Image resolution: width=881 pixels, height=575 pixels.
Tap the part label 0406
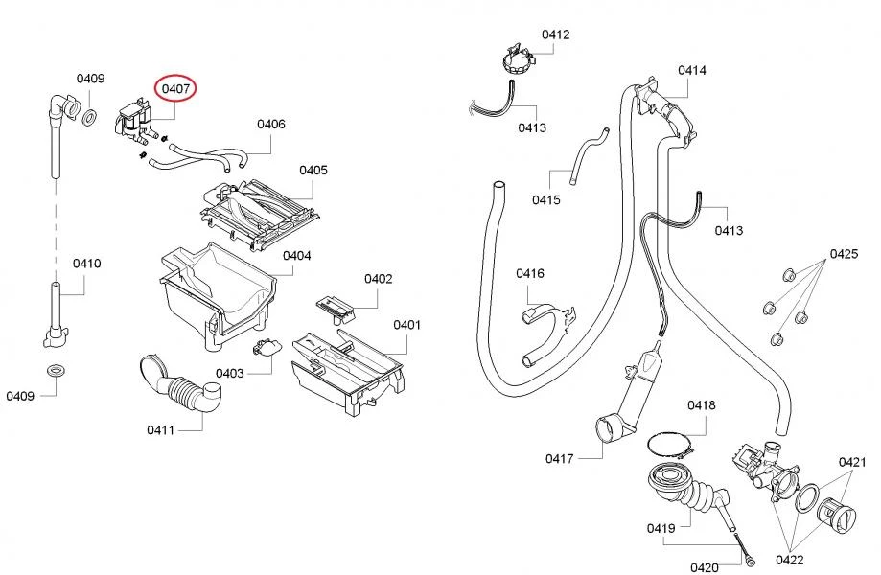270,124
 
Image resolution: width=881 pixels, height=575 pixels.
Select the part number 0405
313,170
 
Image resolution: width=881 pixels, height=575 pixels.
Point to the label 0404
296,256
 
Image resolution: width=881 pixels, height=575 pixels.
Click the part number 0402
378,279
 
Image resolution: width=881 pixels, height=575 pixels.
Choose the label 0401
406,325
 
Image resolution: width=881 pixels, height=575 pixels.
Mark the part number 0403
229,373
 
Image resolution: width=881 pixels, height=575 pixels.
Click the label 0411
160,429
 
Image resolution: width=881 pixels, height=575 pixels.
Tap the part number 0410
86,264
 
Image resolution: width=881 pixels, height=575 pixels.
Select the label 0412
555,34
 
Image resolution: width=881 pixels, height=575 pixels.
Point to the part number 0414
691,70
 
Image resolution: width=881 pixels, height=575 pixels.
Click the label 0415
546,199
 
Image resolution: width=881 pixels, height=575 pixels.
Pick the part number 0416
529,273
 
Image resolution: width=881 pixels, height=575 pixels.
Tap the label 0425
844,254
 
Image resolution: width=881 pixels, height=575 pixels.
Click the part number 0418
701,405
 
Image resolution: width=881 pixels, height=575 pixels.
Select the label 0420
704,567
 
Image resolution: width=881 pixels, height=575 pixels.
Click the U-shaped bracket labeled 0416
546,331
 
